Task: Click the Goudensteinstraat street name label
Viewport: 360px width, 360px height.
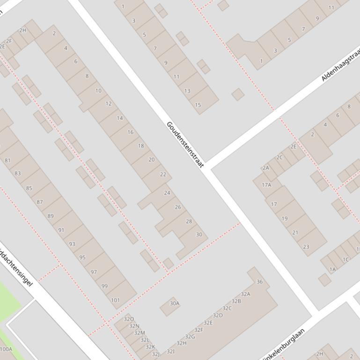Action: [185, 145]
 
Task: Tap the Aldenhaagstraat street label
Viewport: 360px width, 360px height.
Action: [340, 64]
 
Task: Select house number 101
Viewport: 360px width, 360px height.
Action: [115, 300]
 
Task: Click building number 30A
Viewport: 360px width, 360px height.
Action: [174, 303]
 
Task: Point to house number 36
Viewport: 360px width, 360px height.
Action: [259, 281]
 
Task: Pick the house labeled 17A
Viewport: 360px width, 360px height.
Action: [266, 185]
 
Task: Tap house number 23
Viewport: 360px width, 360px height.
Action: [306, 247]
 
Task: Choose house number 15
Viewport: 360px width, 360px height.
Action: [198, 105]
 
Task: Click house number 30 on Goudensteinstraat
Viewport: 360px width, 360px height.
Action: [199, 234]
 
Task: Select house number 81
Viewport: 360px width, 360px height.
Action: [7, 160]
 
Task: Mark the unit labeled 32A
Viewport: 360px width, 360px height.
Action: [245, 294]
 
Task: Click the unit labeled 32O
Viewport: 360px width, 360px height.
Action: [129, 319]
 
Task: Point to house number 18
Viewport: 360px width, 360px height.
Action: [141, 146]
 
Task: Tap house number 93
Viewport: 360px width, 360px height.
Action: [72, 244]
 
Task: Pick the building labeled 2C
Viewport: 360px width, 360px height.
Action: [279, 158]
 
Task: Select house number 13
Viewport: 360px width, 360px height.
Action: [187, 91]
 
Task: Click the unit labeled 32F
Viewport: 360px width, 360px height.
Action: [198, 330]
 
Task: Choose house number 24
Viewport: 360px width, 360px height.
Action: [167, 193]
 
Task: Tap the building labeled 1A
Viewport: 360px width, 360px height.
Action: [332, 269]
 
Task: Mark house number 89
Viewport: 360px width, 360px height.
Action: [51, 216]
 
